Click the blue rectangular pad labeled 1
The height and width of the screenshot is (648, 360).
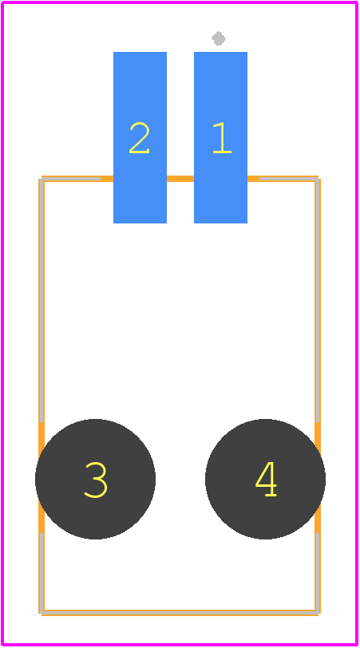(x=221, y=137)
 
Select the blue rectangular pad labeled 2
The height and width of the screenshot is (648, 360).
(x=140, y=137)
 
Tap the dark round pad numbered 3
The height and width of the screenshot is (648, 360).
(x=96, y=480)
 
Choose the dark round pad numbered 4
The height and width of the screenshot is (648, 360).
(x=265, y=480)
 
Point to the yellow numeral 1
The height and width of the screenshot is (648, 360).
(x=222, y=137)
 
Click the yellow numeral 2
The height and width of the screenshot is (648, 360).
(x=139, y=137)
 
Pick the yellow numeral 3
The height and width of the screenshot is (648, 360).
(x=96, y=480)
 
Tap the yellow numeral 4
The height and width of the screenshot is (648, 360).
(x=266, y=479)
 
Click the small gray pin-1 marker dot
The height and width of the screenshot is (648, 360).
(x=219, y=38)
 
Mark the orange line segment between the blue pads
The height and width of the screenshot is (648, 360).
(x=180, y=179)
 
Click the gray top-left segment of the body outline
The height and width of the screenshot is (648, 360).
(x=71, y=179)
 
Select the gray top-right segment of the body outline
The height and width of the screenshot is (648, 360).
(x=288, y=179)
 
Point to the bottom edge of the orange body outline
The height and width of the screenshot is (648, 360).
(x=180, y=613)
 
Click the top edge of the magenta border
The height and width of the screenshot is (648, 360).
(x=180, y=2)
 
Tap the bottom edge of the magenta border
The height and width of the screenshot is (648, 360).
(x=180, y=645)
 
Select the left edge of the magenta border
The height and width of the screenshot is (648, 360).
(x=2, y=323)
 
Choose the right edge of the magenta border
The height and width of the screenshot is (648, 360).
(x=357, y=323)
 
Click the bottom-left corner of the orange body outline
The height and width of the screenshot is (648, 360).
(x=42, y=613)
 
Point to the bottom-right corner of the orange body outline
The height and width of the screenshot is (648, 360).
(x=318, y=613)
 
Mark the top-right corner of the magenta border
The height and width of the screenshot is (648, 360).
(x=357, y=2)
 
